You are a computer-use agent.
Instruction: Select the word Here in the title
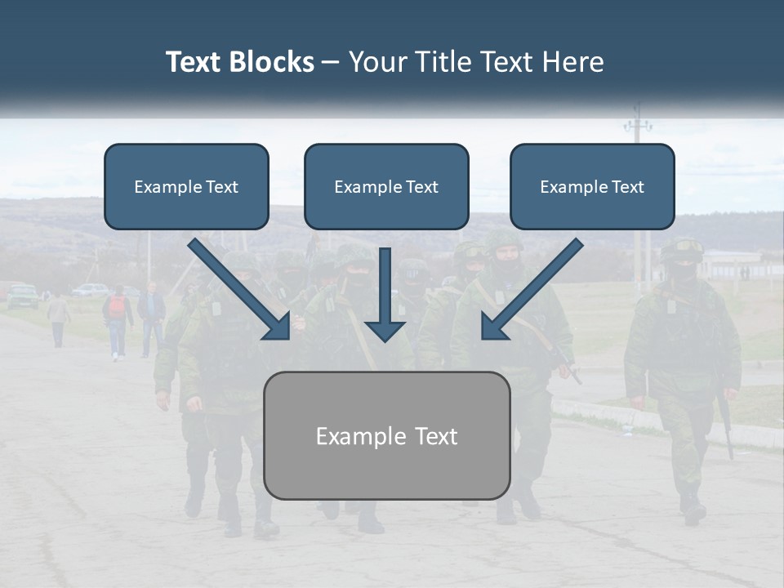tap(576, 62)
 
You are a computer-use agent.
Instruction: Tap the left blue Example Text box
tap(186, 187)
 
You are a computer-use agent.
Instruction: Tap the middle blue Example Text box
tap(386, 187)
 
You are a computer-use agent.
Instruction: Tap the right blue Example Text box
tap(592, 187)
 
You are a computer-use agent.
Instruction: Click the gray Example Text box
tap(386, 436)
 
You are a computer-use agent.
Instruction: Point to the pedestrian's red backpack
tap(118, 307)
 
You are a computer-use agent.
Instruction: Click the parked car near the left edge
tap(22, 296)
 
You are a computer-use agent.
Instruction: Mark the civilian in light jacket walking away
tap(58, 319)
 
